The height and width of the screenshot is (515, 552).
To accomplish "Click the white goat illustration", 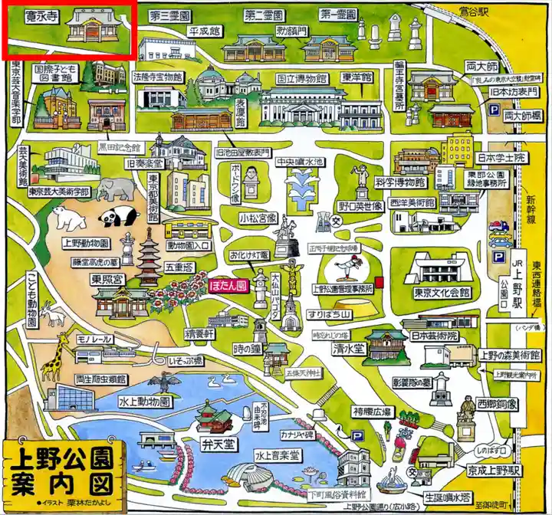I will (x=55, y=313).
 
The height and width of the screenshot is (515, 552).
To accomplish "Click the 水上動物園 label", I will (x=144, y=400).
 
